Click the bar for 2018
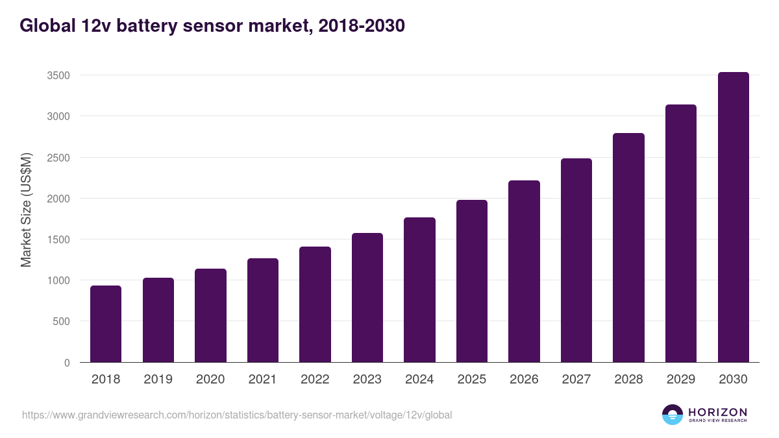click(x=106, y=324)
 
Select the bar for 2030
click(x=733, y=217)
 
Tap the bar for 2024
click(x=419, y=290)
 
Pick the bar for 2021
click(x=263, y=310)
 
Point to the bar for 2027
click(x=576, y=260)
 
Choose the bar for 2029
click(x=681, y=234)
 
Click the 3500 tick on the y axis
click(x=58, y=75)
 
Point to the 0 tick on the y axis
click(x=67, y=363)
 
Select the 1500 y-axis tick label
click(x=58, y=239)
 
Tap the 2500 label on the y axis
click(x=58, y=158)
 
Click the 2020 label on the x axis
click(x=210, y=380)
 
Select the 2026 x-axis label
click(x=524, y=380)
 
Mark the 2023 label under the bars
click(x=367, y=380)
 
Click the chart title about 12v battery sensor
click(x=212, y=25)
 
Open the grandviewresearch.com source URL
click(x=237, y=415)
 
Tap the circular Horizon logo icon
click(x=673, y=415)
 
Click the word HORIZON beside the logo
click(x=717, y=411)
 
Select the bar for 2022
click(x=315, y=304)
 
